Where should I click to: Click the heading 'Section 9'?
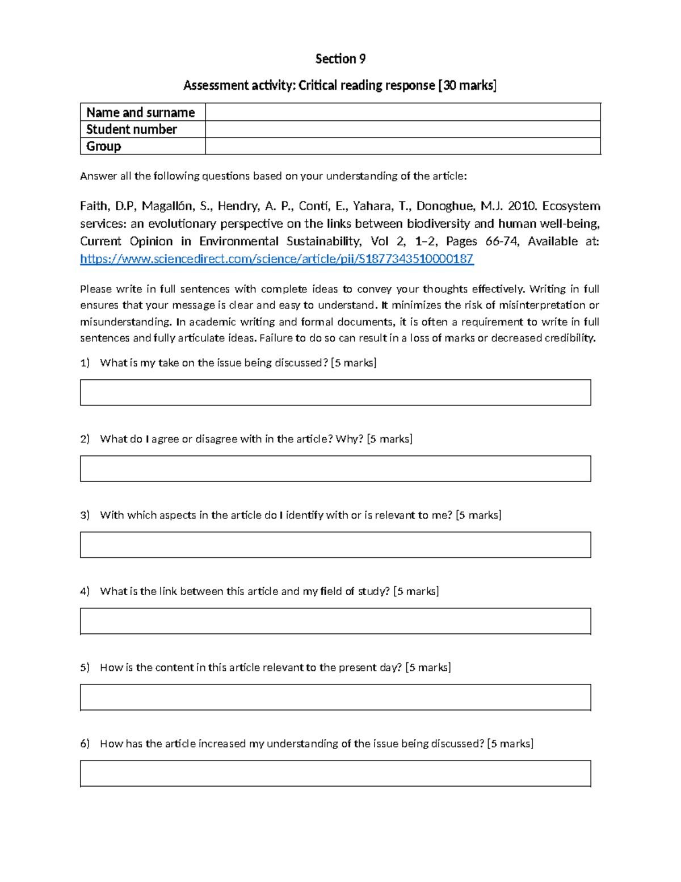pyautogui.click(x=340, y=59)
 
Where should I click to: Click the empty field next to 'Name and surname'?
pyautogui.click(x=402, y=112)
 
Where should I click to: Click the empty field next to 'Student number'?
pyautogui.click(x=402, y=129)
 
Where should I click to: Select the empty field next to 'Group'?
pyautogui.click(x=402, y=147)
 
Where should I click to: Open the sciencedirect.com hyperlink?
pyautogui.click(x=276, y=260)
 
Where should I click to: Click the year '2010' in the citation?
pyautogui.click(x=521, y=206)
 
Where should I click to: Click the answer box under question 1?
pyautogui.click(x=335, y=392)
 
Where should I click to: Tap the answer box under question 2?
pyautogui.click(x=335, y=469)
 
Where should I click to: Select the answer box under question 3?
pyautogui.click(x=335, y=545)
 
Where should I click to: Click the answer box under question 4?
pyautogui.click(x=335, y=621)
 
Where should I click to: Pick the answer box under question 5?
pyautogui.click(x=335, y=697)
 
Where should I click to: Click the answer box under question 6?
pyautogui.click(x=335, y=774)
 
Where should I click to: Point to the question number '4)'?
pyautogui.click(x=85, y=591)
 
